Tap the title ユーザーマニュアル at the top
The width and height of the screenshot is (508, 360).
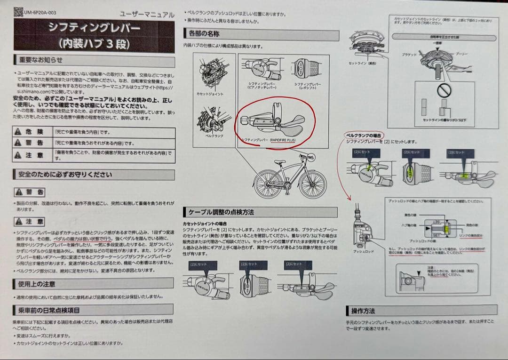(147, 15)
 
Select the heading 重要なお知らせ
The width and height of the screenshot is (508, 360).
(40, 60)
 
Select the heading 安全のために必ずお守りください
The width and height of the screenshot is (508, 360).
(65, 175)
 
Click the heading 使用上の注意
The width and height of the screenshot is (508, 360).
(36, 284)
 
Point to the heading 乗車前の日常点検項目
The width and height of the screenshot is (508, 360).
(49, 310)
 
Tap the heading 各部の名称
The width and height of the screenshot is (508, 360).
(204, 34)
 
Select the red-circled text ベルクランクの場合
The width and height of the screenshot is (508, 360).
(364, 135)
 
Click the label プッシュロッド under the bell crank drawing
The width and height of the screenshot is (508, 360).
(363, 252)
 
